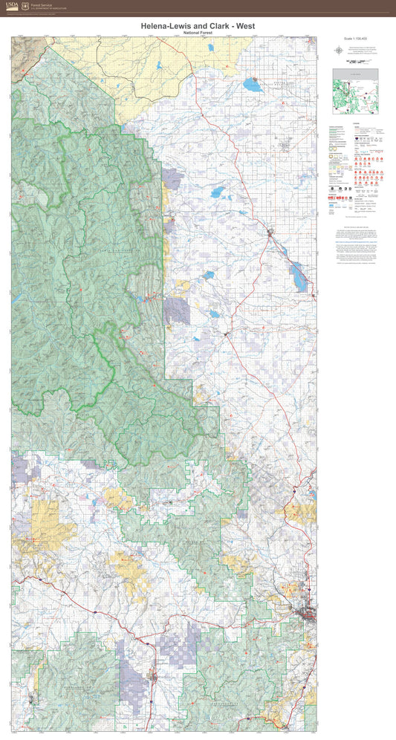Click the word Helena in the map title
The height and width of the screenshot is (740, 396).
pos(158,26)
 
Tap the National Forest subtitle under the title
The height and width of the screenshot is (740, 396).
pos(198,33)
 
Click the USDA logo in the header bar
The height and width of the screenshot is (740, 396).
pos(11,6)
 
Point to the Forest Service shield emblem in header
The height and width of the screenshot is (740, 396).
pos(25,6)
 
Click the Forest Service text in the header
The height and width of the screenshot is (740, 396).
pos(41,4)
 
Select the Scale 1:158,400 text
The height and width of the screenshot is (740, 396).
pos(355,39)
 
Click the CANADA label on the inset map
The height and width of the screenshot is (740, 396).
pos(355,73)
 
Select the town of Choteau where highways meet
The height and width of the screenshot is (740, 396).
pos(270,233)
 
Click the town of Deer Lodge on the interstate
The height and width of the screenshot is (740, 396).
pos(155,676)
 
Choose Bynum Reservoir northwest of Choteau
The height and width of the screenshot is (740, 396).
pos(218,192)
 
